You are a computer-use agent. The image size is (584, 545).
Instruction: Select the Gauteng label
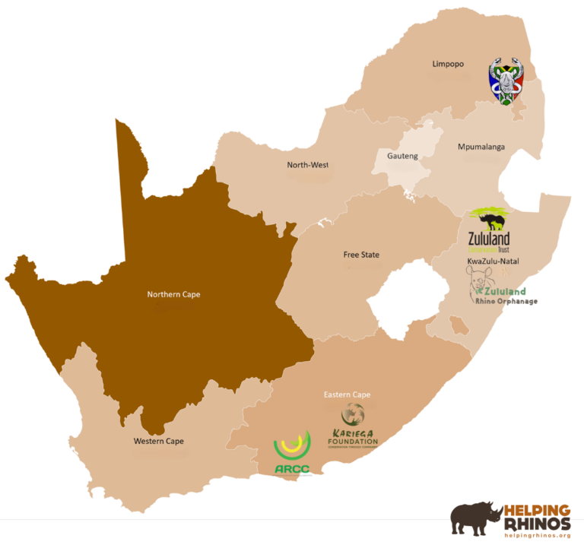pyautogui.click(x=402, y=155)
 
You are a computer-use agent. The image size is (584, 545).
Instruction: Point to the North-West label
pyautogui.click(x=307, y=165)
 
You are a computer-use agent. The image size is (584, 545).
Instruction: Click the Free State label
pyautogui.click(x=361, y=255)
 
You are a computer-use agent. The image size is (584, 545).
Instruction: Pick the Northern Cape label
pyautogui.click(x=173, y=294)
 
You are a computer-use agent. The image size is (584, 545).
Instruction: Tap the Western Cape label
pyautogui.click(x=158, y=441)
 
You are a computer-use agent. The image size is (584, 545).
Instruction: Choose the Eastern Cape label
pyautogui.click(x=347, y=394)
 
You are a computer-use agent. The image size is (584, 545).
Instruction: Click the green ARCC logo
pyautogui.click(x=292, y=453)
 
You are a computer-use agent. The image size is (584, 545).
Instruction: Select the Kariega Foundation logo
pyautogui.click(x=352, y=426)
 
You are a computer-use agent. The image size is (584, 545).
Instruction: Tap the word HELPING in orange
pyautogui.click(x=537, y=509)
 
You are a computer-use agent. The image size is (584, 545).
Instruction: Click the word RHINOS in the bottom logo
pyautogui.click(x=537, y=523)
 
